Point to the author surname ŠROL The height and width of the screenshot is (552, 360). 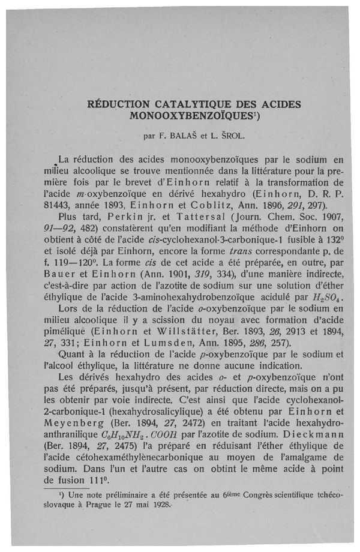pyautogui.click(x=229, y=135)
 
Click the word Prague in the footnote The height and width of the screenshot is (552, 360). pyautogui.click(x=91, y=510)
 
